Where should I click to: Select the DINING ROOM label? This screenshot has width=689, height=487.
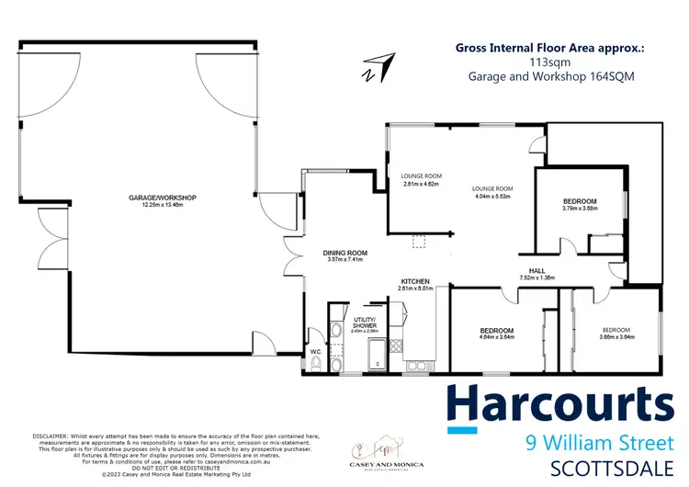pos(345,253)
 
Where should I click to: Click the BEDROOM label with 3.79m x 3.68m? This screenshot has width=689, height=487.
pos(580,201)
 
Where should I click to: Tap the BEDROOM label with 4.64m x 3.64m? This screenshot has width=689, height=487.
pos(496,329)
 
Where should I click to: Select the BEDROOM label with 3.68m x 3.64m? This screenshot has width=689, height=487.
pos(616,329)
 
